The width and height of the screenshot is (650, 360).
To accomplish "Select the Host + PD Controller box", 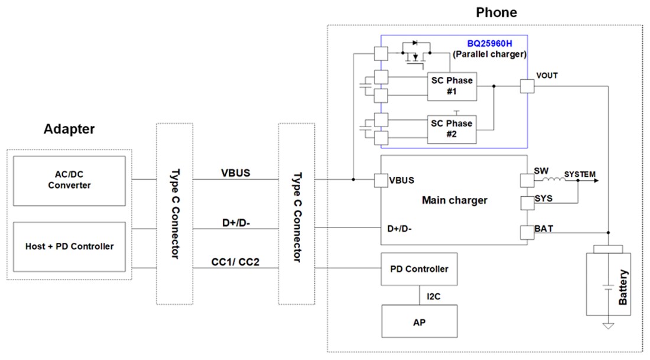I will point(69,246).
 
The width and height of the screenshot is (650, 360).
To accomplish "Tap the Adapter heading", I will point(69,129).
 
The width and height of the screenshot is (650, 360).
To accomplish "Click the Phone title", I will point(496,12).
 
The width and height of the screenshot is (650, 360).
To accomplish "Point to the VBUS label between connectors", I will point(235,173).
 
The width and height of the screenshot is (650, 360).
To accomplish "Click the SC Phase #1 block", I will point(451,86).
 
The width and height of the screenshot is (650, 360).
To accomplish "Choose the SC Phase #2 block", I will point(451,129).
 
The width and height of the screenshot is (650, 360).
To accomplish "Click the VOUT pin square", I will point(526,86).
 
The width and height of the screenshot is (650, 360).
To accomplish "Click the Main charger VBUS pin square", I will point(381,180).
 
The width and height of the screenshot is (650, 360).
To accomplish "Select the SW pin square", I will point(526,180).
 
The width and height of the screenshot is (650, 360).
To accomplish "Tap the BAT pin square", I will point(526,233).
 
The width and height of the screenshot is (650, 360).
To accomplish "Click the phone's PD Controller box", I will point(419,269).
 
